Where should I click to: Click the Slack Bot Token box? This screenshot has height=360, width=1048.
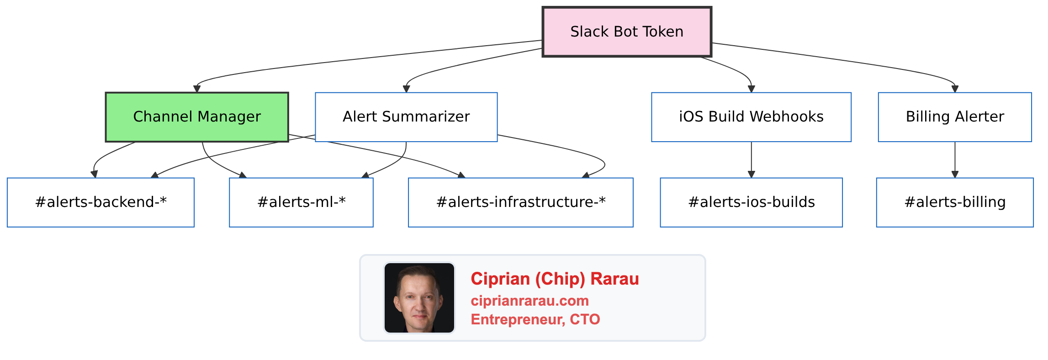coord(627,32)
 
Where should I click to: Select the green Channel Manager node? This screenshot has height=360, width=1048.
coord(197,117)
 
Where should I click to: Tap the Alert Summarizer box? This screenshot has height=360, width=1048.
coord(406,117)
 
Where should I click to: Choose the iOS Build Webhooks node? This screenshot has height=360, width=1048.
coord(751,117)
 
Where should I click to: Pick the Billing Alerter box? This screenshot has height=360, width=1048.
coord(955,117)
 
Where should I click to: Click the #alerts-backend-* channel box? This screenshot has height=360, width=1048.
coord(101,202)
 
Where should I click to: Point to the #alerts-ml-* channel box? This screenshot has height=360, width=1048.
coord(301,202)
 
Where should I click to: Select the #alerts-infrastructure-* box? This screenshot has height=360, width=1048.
coord(521,202)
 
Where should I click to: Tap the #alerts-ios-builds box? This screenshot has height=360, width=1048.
coord(751,202)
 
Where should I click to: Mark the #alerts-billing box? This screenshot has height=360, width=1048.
coord(955,202)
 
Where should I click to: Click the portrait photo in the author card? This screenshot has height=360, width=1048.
coord(419,298)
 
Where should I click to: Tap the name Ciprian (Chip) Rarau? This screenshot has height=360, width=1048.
coord(555,279)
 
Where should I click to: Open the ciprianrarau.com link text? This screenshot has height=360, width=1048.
coord(529,301)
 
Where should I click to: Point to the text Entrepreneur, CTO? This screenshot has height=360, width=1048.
coord(535,319)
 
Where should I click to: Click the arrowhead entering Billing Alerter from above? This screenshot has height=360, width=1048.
coord(955,89)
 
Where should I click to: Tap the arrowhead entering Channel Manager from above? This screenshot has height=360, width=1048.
coord(197,89)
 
